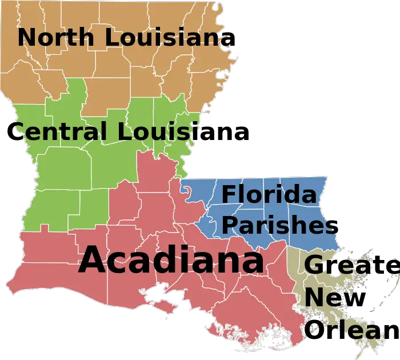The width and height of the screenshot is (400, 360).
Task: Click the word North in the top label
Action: pos(56,38)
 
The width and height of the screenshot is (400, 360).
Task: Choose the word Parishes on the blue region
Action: pos(278,224)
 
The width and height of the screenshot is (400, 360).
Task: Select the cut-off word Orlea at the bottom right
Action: pos(342,330)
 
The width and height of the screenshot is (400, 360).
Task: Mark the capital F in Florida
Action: pos(228,194)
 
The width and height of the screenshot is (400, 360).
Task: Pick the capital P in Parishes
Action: pos(229,224)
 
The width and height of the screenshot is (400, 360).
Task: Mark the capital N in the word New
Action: pos(314,297)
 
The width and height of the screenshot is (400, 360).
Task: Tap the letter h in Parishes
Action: pos(309,224)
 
